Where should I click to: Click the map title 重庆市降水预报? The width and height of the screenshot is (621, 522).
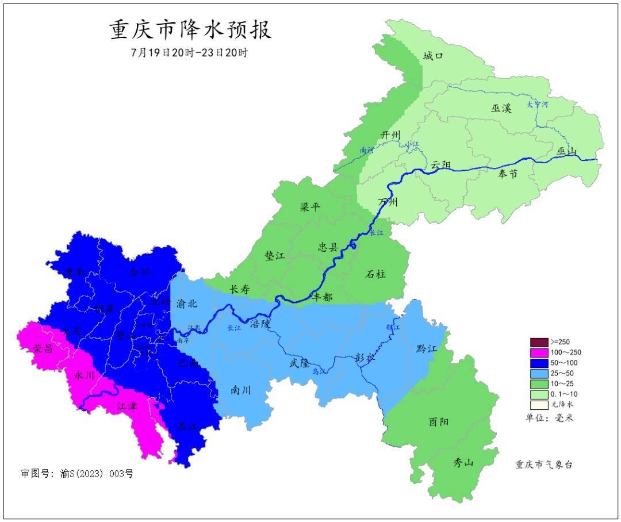[190, 29]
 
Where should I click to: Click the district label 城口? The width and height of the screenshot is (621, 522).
[433, 56]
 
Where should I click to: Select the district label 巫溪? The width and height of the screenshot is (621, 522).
[501, 108]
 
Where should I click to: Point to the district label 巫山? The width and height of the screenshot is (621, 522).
[566, 151]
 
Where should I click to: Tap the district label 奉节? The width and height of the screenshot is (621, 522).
[508, 174]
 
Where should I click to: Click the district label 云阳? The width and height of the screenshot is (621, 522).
[441, 165]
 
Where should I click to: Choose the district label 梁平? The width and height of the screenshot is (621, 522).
[310, 207]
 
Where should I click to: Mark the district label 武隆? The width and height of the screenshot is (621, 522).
[299, 363]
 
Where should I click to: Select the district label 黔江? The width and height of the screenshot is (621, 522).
[426, 349]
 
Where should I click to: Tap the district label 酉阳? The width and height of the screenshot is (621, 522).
[439, 421]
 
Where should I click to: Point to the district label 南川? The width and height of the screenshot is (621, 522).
[240, 389]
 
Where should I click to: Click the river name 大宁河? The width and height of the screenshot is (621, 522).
[538, 105]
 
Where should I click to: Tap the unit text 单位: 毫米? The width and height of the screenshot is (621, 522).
[549, 418]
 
